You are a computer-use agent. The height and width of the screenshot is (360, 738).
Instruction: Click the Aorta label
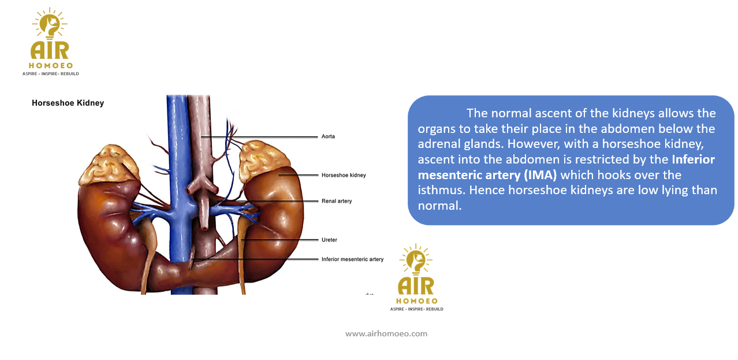[328, 136]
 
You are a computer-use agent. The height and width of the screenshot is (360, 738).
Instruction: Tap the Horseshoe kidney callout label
[344, 176]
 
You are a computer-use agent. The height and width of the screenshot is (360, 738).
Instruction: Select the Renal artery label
[337, 201]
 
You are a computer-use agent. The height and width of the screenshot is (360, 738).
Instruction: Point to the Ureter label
[329, 240]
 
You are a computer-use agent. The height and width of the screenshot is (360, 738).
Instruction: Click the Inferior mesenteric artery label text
[352, 259]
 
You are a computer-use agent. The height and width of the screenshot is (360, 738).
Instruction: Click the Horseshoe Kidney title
[68, 103]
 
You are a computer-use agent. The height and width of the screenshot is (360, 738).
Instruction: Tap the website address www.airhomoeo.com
[386, 333]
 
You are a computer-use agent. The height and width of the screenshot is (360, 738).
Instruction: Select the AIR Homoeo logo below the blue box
[416, 277]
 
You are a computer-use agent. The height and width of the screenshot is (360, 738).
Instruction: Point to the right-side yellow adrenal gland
[263, 160]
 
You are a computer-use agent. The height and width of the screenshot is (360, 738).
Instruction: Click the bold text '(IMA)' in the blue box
[540, 175]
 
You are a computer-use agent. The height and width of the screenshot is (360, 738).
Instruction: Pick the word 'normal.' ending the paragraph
[439, 206]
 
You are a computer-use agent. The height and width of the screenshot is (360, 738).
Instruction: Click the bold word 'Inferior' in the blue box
[693, 159]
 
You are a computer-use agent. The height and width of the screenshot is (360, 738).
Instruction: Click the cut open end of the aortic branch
[204, 227]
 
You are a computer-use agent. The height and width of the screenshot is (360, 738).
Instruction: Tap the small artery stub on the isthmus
[191, 258]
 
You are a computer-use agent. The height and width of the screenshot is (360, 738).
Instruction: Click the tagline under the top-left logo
[51, 74]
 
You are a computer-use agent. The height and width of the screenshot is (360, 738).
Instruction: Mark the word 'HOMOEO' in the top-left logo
[51, 66]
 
